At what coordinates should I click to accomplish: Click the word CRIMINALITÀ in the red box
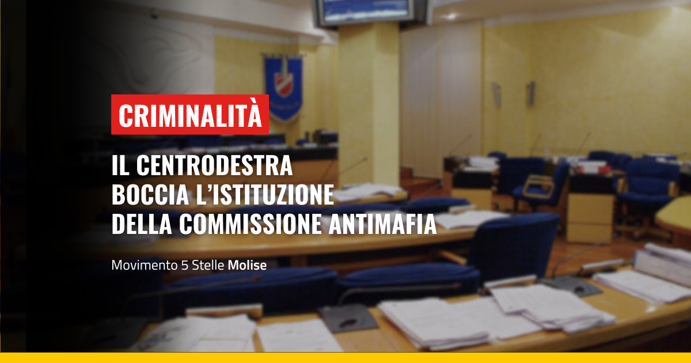(x=190, y=115)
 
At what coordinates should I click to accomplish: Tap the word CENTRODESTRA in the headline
(x=214, y=165)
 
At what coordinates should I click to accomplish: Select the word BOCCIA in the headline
(x=150, y=195)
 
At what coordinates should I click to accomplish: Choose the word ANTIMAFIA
(x=382, y=224)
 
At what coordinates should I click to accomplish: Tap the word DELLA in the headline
(x=142, y=224)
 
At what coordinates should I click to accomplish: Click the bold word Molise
(x=247, y=265)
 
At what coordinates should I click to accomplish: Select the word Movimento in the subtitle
(x=145, y=265)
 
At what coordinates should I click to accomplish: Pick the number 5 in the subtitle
(x=184, y=266)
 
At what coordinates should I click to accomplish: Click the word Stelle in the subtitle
(x=208, y=265)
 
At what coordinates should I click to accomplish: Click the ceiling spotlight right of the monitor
(x=450, y=16)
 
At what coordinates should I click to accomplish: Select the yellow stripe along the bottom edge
(x=345, y=358)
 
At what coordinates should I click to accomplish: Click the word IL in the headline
(x=120, y=165)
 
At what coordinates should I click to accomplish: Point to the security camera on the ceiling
(x=154, y=14)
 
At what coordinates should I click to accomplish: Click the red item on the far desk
(x=594, y=169)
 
